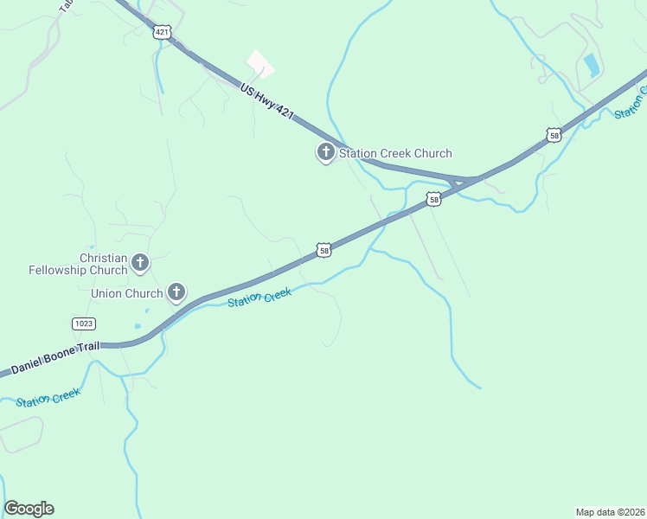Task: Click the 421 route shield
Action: pos(162,32)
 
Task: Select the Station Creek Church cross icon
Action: pos(326,153)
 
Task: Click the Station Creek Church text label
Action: pos(395,153)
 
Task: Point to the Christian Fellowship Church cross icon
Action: pos(139,261)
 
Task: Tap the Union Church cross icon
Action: pos(176,292)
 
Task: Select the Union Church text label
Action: pos(127,293)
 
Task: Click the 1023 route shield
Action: pos(83,323)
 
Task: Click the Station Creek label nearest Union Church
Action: pos(259,297)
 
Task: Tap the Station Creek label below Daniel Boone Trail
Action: pos(48,397)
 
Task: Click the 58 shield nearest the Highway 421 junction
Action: pos(434,200)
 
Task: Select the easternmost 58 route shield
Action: pos(554,135)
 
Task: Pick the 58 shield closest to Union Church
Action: pos(323,250)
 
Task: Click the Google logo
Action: pos(29,509)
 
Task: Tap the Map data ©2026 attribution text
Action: pos(610,511)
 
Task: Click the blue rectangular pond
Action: pos(591,65)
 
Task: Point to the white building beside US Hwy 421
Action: pos(260,64)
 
